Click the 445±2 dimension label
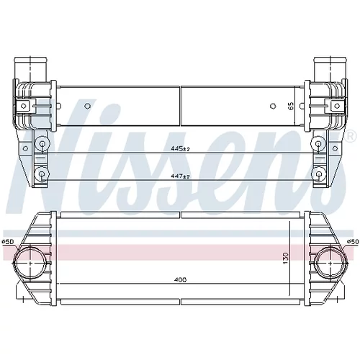(180, 149)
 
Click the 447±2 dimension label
(180, 176)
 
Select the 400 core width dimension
(181, 279)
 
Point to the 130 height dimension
(286, 258)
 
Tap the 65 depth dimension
(291, 106)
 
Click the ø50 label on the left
(8, 241)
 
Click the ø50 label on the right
(353, 241)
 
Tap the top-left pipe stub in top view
(30, 69)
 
